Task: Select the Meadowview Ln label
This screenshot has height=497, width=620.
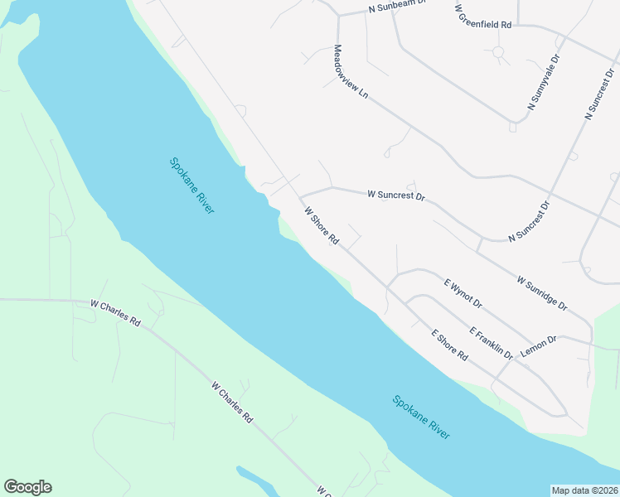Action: tap(350, 73)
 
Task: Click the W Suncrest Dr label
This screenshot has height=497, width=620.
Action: tap(395, 196)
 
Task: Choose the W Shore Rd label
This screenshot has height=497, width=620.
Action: tap(322, 226)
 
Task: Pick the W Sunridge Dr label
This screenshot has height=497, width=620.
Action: tap(542, 293)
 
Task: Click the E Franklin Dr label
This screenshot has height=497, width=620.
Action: tap(491, 343)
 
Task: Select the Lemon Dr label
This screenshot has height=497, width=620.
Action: tap(539, 345)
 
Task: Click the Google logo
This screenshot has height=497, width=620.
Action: tap(27, 487)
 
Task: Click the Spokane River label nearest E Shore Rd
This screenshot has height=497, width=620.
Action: tap(421, 417)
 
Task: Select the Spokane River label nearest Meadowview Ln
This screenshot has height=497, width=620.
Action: tap(191, 186)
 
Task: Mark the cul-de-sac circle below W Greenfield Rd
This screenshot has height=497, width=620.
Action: tap(498, 52)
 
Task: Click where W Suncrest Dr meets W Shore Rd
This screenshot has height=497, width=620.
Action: tap(299, 197)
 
